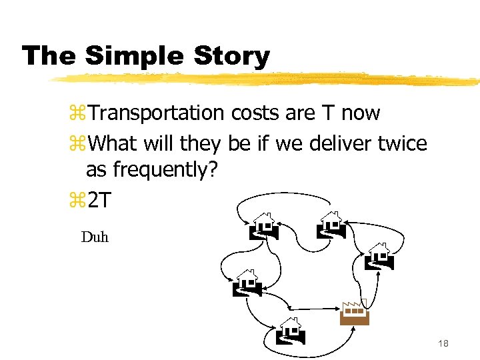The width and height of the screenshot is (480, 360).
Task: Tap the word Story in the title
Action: tap(231, 55)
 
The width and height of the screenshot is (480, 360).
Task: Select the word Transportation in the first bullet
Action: tap(157, 113)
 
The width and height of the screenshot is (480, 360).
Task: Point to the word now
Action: tap(360, 114)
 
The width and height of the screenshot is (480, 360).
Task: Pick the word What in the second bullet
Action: tap(109, 142)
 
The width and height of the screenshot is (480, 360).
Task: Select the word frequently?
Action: tap(165, 170)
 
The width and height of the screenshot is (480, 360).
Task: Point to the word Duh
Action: tap(95, 237)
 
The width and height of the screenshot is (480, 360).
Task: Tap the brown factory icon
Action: tap(354, 313)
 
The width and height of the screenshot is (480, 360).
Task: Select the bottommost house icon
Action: tap(290, 331)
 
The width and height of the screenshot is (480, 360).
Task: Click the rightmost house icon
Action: tap(379, 256)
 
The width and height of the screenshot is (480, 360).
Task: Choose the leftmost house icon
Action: tap(247, 283)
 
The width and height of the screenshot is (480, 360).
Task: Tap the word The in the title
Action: tap(49, 55)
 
